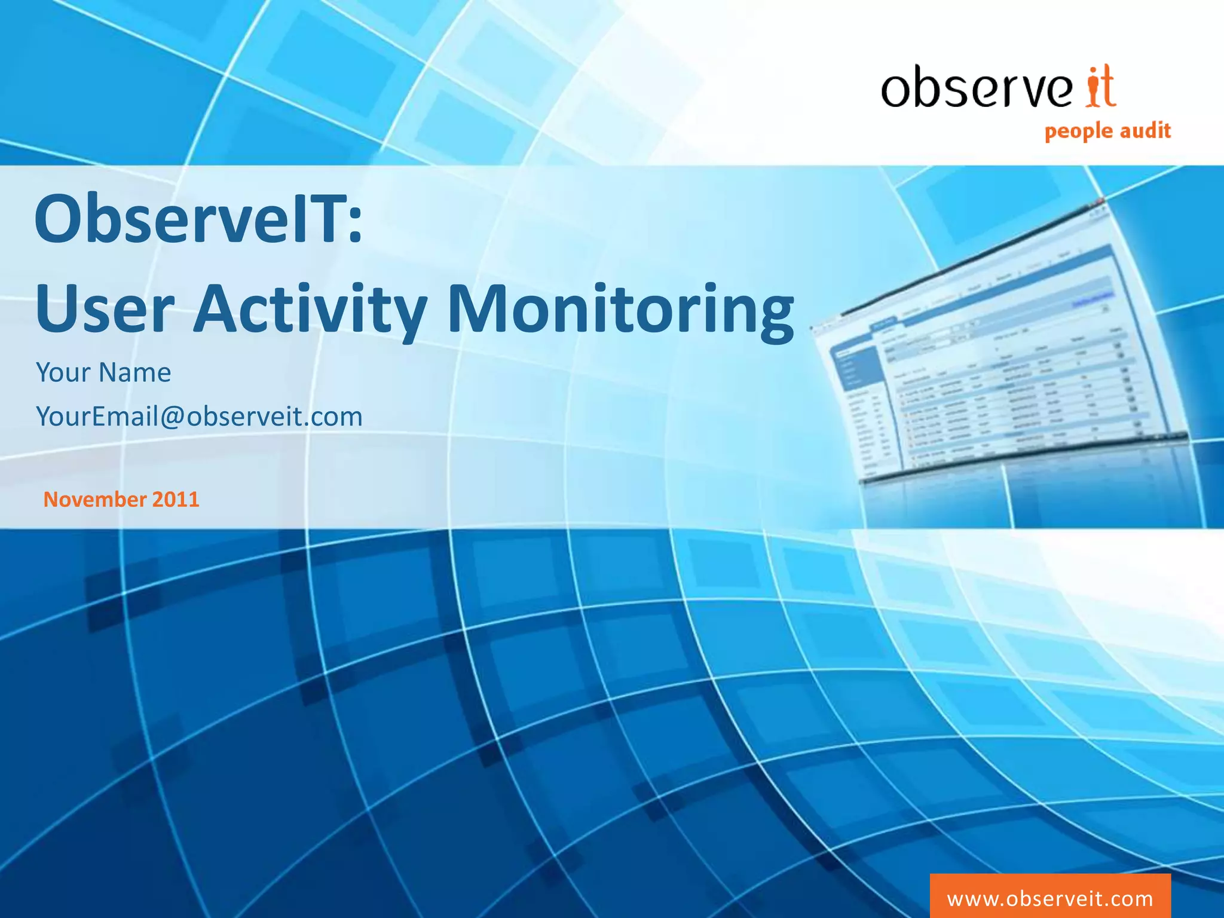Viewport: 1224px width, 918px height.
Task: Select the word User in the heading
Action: tap(105, 309)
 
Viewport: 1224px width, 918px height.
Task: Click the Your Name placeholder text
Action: tap(103, 372)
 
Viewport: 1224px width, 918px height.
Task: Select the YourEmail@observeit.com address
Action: tap(199, 417)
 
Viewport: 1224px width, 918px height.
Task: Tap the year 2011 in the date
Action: tap(175, 500)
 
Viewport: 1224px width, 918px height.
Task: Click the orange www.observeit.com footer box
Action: tap(1049, 898)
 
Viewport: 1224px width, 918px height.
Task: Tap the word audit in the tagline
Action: tap(1145, 130)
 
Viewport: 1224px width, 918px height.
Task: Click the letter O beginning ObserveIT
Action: tap(59, 220)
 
